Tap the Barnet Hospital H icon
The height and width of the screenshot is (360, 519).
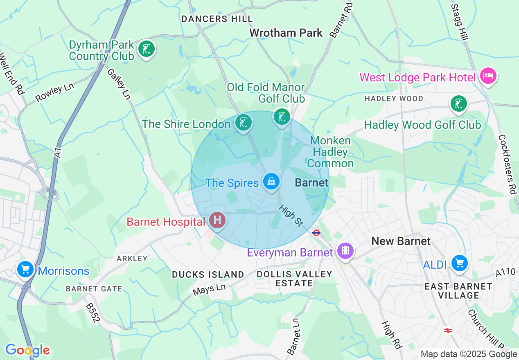[217, 220]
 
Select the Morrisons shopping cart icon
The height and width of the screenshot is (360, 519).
[25, 269]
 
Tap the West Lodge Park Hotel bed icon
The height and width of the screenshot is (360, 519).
[488, 76]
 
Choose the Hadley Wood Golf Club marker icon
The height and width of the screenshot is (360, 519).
[458, 103]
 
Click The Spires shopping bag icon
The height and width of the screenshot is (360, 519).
[271, 180]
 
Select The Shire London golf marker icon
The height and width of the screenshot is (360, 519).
[244, 122]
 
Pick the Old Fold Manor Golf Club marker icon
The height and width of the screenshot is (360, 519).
[282, 117]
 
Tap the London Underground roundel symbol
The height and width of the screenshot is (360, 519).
[316, 233]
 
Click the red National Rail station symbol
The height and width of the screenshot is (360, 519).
[447, 330]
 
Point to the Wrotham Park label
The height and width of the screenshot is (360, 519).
[286, 33]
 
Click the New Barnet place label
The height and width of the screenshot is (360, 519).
[401, 241]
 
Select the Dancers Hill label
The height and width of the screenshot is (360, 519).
[217, 19]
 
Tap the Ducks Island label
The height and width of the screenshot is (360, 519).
[208, 274]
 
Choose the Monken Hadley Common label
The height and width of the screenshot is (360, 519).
[330, 152]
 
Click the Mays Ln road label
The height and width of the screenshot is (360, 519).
[209, 290]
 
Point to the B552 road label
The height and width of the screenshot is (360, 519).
[93, 313]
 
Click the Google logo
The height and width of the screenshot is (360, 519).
[27, 350]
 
